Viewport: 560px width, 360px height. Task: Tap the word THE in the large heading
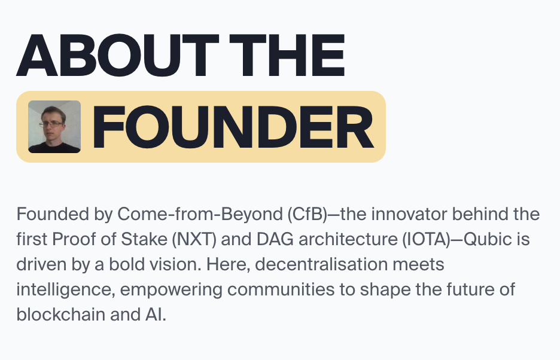click(287, 56)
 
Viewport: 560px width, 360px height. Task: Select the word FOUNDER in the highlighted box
click(233, 127)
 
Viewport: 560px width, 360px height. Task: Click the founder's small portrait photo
click(54, 127)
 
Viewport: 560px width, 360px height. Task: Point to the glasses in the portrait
click(51, 124)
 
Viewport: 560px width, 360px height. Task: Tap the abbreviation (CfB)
click(307, 214)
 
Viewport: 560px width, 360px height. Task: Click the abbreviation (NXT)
click(194, 239)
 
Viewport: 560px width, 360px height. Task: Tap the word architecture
click(348, 239)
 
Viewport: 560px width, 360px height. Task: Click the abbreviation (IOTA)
click(427, 239)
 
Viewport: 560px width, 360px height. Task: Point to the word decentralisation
click(321, 264)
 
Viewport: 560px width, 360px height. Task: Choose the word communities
click(281, 289)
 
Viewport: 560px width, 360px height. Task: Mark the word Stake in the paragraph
click(144, 239)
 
